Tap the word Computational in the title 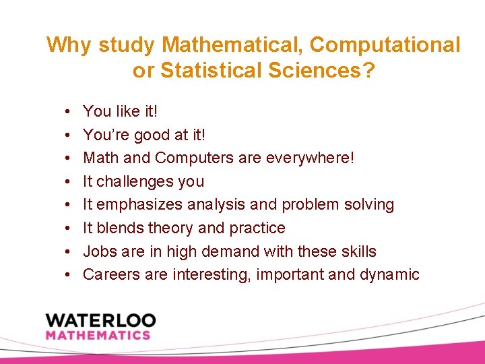(385, 45)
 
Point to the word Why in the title (69, 45)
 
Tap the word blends (117, 228)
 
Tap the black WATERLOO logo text (100, 320)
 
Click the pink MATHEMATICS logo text (98, 335)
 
